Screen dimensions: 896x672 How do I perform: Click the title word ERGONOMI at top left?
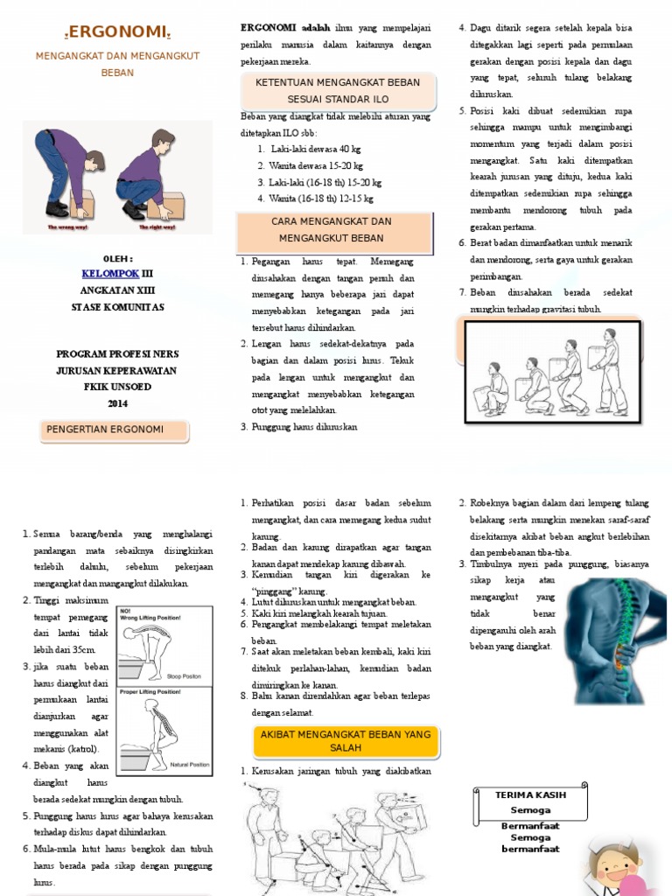click(x=117, y=32)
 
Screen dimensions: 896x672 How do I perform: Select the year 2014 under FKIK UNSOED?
click(x=117, y=403)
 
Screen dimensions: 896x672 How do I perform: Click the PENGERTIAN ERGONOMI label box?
click(x=115, y=430)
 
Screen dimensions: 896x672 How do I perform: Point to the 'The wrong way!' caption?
click(x=67, y=226)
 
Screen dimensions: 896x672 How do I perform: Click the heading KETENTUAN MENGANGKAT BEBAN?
click(x=337, y=82)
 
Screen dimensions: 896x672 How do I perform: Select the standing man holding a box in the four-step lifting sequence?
click(x=610, y=372)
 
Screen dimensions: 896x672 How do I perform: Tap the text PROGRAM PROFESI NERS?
click(x=117, y=353)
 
